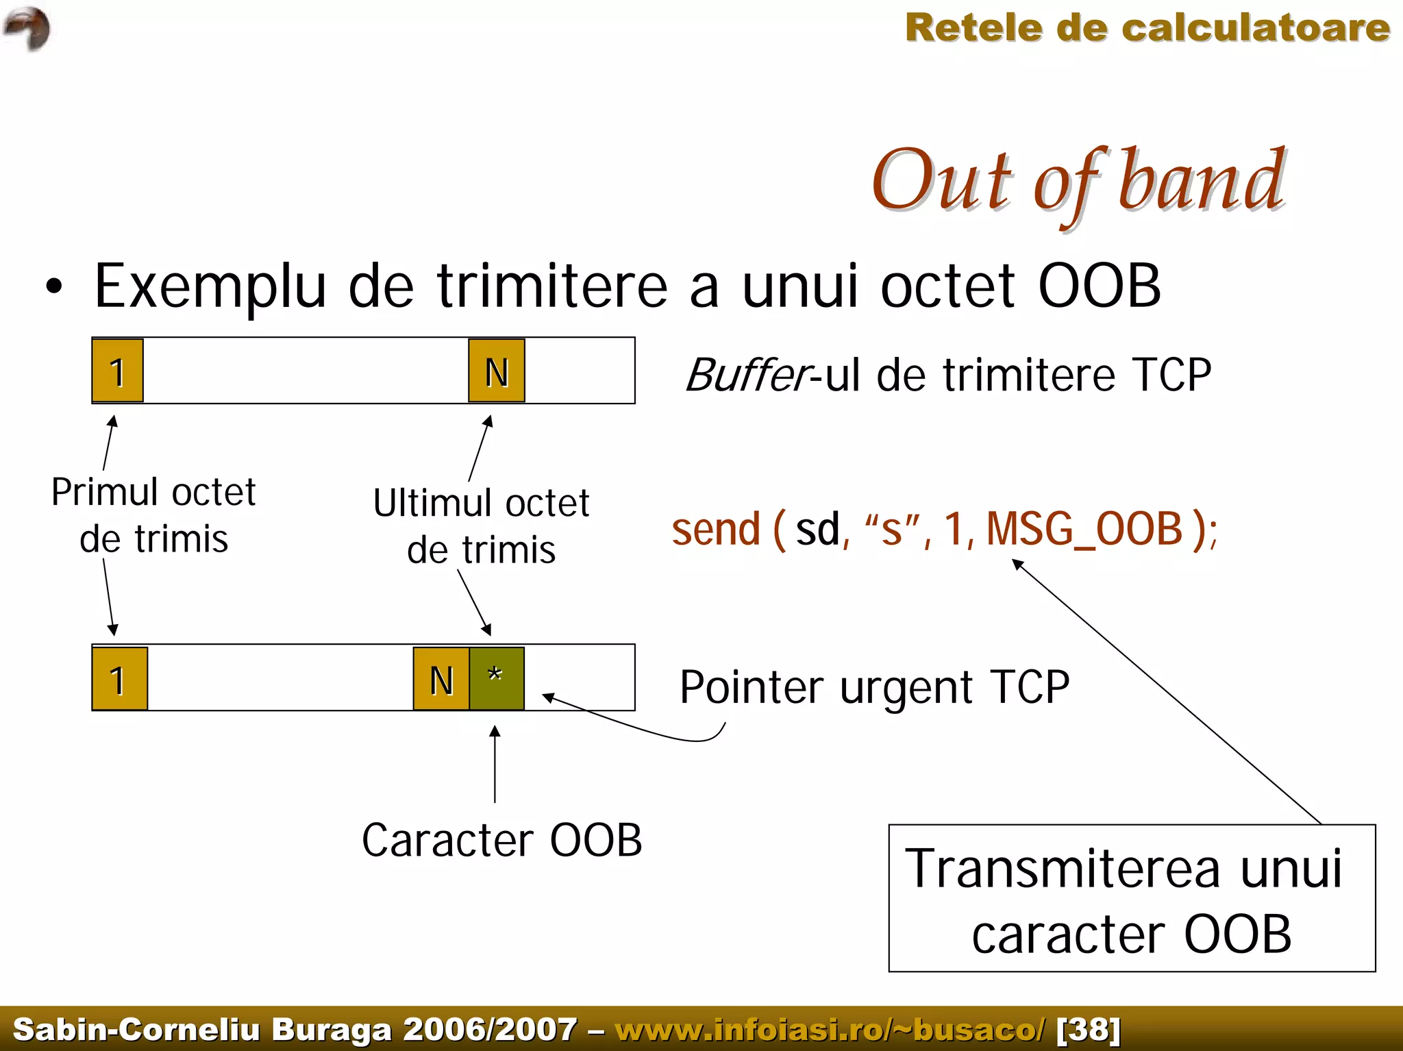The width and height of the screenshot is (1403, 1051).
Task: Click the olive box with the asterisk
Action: pyautogui.click(x=497, y=678)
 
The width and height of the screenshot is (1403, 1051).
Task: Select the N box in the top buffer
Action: pyautogui.click(x=497, y=371)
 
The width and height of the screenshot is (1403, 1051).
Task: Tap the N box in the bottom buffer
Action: pyautogui.click(x=441, y=678)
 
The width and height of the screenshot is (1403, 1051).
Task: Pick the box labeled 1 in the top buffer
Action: pyautogui.click(x=118, y=371)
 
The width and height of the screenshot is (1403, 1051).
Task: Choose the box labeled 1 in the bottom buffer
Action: pyautogui.click(x=120, y=678)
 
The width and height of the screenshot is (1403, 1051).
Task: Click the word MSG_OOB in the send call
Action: pyautogui.click(x=1084, y=530)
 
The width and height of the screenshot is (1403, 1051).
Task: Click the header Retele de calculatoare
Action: pyautogui.click(x=1147, y=29)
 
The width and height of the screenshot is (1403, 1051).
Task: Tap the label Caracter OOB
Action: pyautogui.click(x=501, y=840)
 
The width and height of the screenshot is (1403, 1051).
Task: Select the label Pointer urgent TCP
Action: pyautogui.click(x=874, y=687)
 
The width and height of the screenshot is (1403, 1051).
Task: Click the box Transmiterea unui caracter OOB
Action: pyautogui.click(x=1132, y=898)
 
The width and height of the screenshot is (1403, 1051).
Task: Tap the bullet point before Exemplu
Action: pyautogui.click(x=54, y=287)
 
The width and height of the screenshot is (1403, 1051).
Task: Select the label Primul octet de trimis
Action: pyautogui.click(x=153, y=515)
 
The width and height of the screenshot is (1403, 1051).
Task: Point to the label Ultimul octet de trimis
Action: pyautogui.click(x=481, y=526)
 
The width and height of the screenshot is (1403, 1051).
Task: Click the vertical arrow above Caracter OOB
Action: pyautogui.click(x=495, y=764)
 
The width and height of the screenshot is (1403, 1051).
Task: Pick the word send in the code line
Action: pyautogui.click(x=716, y=530)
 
